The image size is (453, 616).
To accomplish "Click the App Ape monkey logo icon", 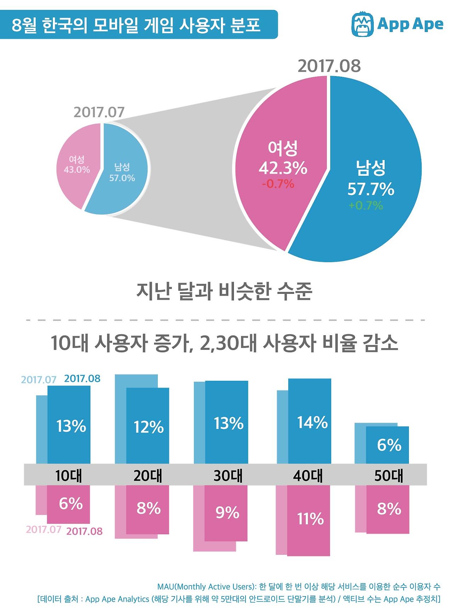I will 362,24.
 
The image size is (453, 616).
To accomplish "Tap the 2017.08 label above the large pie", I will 329,66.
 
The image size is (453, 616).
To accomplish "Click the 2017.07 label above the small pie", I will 99,112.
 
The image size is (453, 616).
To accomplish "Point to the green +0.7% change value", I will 366,205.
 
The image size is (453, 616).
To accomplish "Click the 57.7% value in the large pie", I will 371,189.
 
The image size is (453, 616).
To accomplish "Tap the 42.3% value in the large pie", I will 283,168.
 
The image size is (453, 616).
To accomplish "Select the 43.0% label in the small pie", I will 77,170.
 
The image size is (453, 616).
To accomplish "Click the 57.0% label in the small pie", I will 122,178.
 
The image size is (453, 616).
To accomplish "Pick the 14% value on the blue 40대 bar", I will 312,422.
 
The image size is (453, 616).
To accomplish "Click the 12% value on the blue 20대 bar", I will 149,427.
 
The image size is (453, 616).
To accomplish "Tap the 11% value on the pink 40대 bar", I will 310,519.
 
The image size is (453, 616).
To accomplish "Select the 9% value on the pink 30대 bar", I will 227,512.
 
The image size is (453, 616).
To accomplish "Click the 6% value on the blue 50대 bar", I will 389,445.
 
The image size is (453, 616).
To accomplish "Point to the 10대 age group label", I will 69,475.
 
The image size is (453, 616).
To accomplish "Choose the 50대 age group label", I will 389,475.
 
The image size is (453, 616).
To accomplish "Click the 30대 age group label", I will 228,475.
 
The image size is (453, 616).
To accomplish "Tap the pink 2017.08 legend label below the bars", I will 84,531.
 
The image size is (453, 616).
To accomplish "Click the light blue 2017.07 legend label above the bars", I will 39,380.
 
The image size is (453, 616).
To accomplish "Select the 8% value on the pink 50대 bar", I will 389,509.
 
